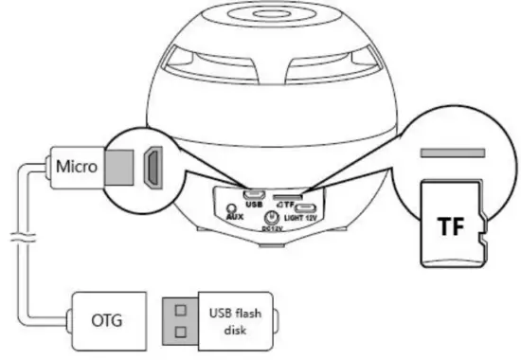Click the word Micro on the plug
click(77, 168)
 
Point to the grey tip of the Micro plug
click(117, 167)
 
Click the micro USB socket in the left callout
click(150, 167)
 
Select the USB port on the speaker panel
click(253, 195)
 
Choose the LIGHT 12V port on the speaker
click(308, 209)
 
